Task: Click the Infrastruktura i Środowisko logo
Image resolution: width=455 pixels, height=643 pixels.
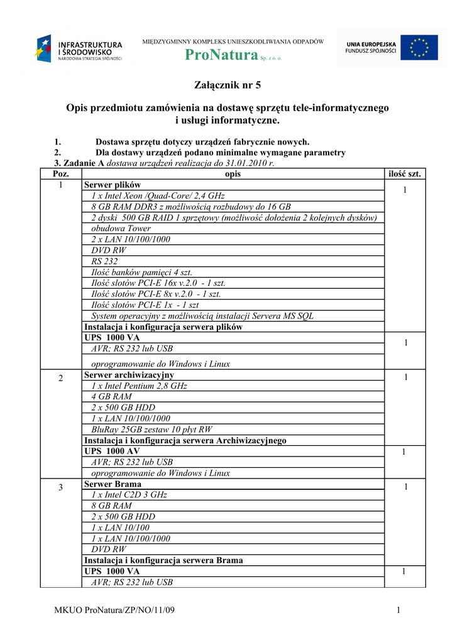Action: [x=79, y=49]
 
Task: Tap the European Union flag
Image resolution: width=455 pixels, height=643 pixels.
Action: [x=419, y=48]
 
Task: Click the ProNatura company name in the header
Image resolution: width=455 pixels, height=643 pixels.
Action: [x=222, y=56]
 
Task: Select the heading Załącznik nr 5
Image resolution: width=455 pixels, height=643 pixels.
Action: [x=227, y=85]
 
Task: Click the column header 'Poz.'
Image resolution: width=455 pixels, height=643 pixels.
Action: [x=61, y=174]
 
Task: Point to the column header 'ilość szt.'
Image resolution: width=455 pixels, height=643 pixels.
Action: [x=405, y=174]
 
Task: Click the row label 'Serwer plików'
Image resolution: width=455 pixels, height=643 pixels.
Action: [x=112, y=185]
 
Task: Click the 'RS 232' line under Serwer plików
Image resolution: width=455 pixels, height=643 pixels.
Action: [x=104, y=261]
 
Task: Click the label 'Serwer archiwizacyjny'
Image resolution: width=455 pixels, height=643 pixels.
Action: [x=129, y=375]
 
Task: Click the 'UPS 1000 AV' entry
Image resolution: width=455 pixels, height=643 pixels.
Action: [x=112, y=451]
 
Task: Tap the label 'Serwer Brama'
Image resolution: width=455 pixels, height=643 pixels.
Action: [x=112, y=484]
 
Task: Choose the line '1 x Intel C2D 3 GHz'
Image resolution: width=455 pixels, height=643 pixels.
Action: [x=128, y=495]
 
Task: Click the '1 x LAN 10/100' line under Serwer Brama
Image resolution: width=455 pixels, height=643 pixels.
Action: [x=121, y=527]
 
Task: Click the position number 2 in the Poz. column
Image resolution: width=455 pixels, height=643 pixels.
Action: [x=61, y=378]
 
